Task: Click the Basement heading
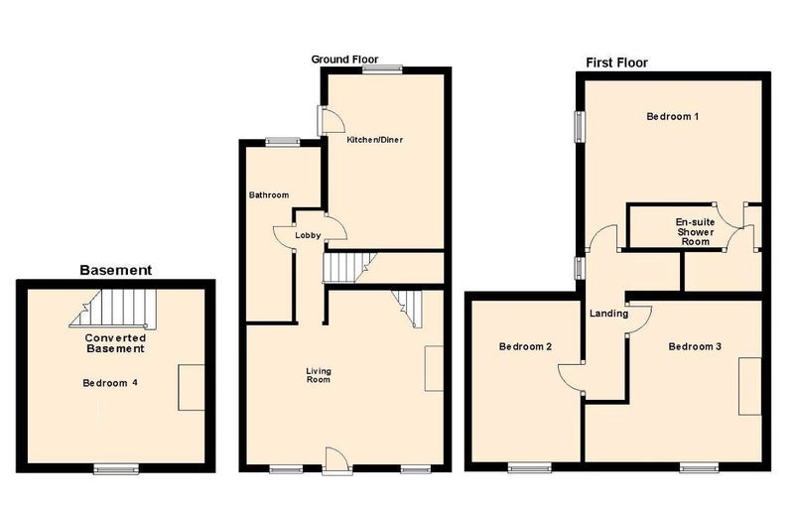point(115,271)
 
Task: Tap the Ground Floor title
point(344,60)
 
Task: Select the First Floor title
point(616,63)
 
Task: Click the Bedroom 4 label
point(110,383)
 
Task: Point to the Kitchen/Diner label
point(375,140)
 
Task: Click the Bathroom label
point(269,195)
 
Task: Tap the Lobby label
point(308,235)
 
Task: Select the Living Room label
point(319,375)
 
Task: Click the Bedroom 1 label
point(673,116)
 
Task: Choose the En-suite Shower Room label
point(696,232)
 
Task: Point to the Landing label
point(608,314)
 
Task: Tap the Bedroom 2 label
point(525,347)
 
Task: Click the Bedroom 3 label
point(695,347)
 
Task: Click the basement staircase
point(113,309)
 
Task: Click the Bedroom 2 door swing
point(572,378)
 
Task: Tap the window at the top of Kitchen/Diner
point(382,69)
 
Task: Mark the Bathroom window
point(283,142)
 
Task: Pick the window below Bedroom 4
point(116,469)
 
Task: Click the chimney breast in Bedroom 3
point(750,386)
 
